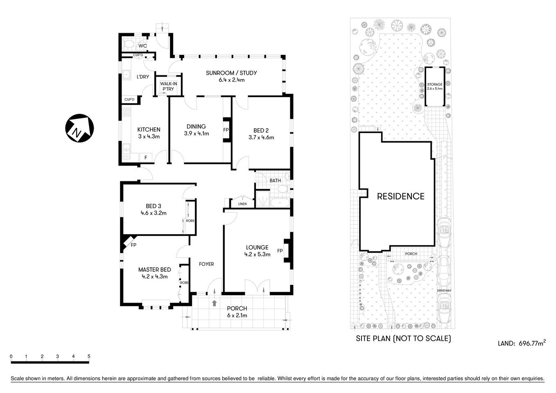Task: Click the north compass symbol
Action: (x=79, y=129)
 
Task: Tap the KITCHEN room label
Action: (x=148, y=130)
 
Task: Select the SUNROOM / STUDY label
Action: (x=231, y=73)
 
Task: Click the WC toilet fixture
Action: (x=128, y=44)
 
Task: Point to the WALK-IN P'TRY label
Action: (x=168, y=86)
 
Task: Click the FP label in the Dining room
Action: (x=226, y=130)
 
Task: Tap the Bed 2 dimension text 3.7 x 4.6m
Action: (x=261, y=138)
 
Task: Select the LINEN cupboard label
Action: (x=242, y=204)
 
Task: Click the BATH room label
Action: (x=275, y=181)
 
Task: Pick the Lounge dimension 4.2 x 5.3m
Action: (x=257, y=254)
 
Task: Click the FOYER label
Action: (x=206, y=264)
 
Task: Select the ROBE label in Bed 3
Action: (x=190, y=221)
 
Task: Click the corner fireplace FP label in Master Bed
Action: (x=133, y=245)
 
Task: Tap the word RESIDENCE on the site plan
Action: (x=400, y=196)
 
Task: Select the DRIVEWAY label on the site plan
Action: (x=444, y=291)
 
